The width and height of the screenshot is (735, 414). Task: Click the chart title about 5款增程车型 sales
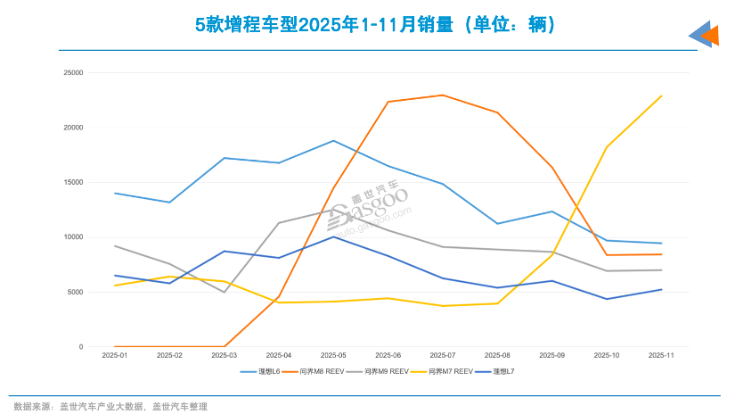tap(367, 25)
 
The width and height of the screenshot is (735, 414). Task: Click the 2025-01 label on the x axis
tap(115, 355)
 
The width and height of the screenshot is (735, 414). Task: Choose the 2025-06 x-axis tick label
tap(388, 355)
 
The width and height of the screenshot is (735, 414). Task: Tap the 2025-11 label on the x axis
tap(661, 355)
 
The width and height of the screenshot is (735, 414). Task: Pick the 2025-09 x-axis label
tap(552, 355)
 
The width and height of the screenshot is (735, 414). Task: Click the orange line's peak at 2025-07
tap(443, 95)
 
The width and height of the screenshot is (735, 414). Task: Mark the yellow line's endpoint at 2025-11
tap(661, 95)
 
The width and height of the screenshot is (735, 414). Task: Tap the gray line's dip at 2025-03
tap(225, 292)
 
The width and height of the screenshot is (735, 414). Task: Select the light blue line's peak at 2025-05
tap(333, 140)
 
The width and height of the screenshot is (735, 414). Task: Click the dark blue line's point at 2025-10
tap(607, 299)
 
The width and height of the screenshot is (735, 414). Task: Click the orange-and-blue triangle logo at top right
tap(704, 34)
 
